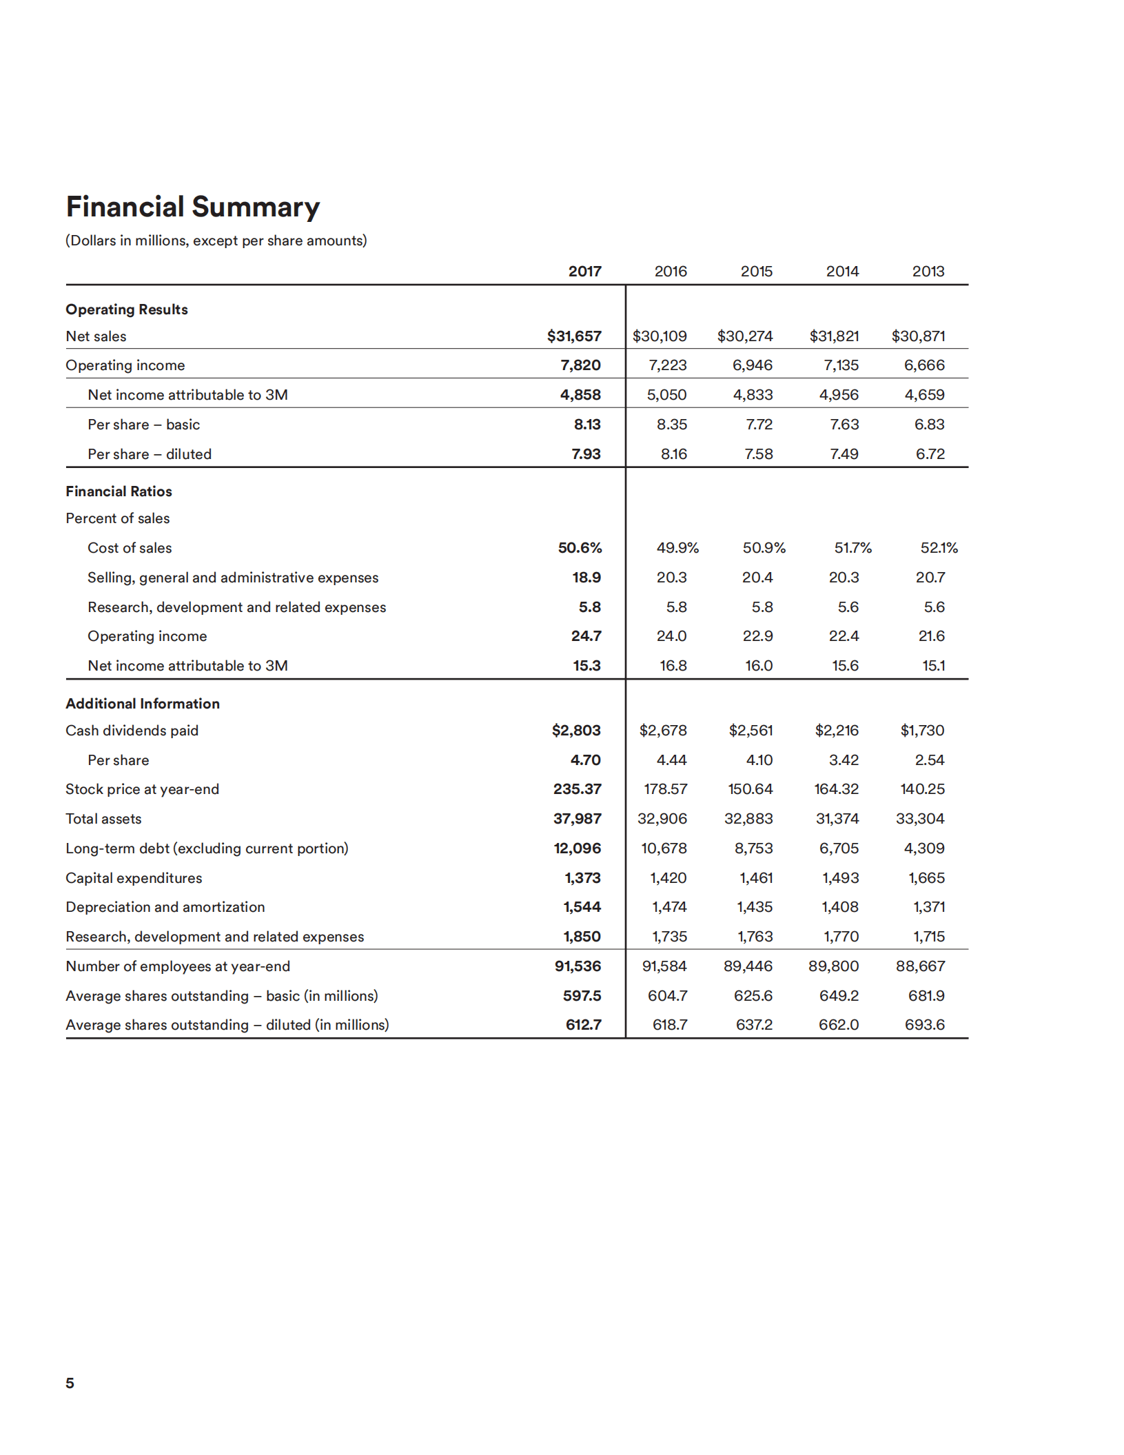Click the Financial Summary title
pos(193,207)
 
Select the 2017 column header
pos(584,272)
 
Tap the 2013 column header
pos(928,272)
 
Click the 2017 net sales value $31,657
pos(574,336)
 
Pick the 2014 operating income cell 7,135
pos(841,365)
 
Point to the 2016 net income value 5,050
pos(666,395)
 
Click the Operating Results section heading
pos(127,309)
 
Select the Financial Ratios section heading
pos(119,491)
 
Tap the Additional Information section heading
pos(143,704)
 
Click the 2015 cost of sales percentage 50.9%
pos(764,548)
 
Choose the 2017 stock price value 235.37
pos(577,789)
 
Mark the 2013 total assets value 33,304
pos(920,819)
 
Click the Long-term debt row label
pos(207,848)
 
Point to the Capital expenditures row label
pos(134,878)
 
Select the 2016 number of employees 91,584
pos(664,966)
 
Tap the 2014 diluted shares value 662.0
pos(839,1025)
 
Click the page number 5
pos(70,1383)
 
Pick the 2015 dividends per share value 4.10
pos(759,760)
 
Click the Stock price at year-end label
pos(142,789)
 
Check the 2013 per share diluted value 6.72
pos(930,454)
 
